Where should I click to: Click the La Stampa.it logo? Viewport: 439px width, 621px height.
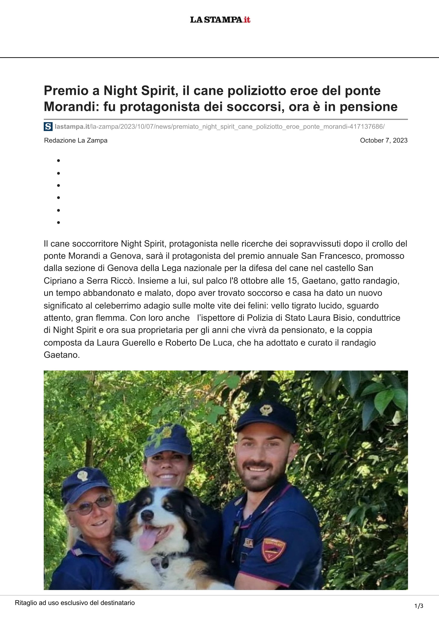[220, 19]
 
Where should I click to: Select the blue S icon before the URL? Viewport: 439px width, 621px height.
[48, 126]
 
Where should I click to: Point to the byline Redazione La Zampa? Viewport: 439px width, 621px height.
[76, 140]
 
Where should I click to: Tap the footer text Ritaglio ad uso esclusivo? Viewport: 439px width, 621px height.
[75, 603]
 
